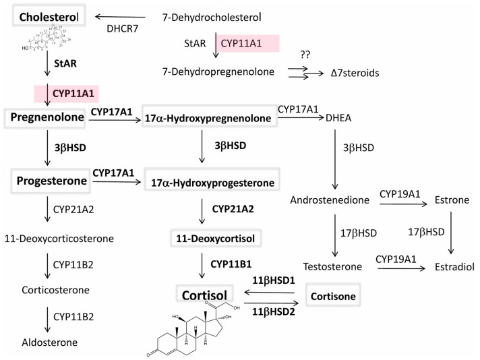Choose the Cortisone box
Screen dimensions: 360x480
[331, 295]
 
